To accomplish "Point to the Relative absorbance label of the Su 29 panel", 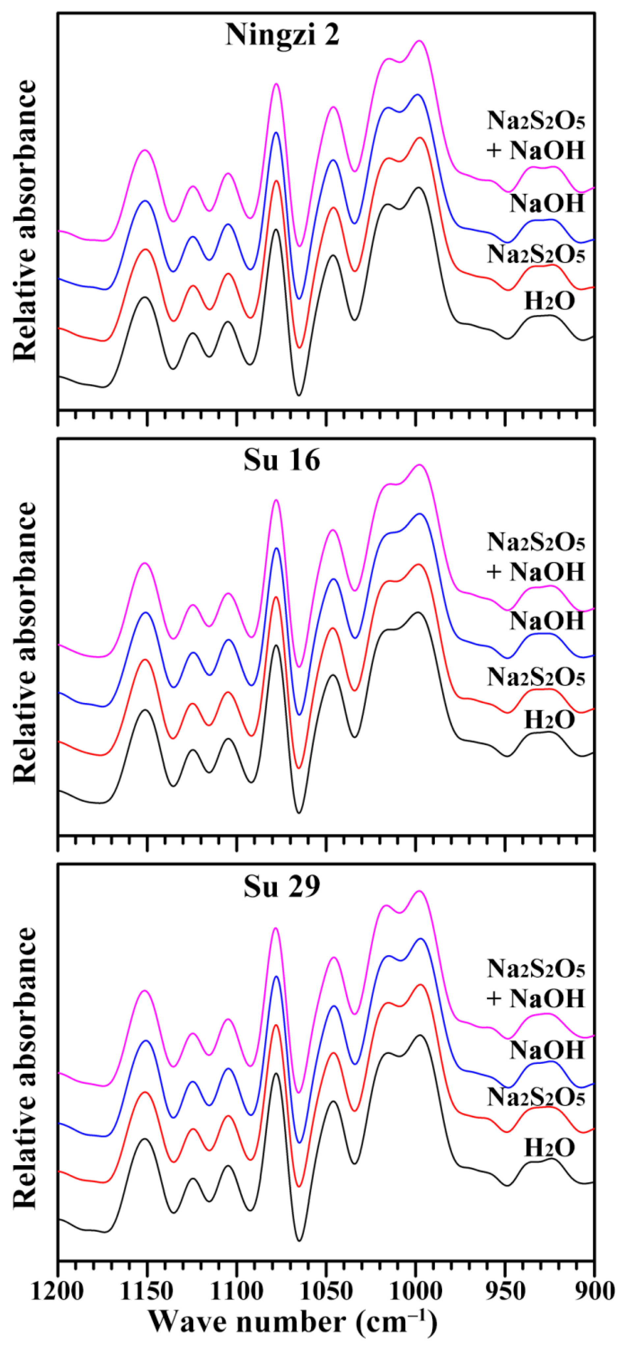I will pyautogui.click(x=25, y=1071).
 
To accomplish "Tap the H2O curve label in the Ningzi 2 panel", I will pyautogui.click(x=549, y=302).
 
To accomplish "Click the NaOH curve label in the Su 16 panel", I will pyautogui.click(x=547, y=621).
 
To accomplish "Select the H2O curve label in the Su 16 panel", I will pyautogui.click(x=549, y=720).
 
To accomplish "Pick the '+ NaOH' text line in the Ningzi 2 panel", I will pyautogui.click(x=535, y=151).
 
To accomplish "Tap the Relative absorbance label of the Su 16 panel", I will pyautogui.click(x=25, y=643).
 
